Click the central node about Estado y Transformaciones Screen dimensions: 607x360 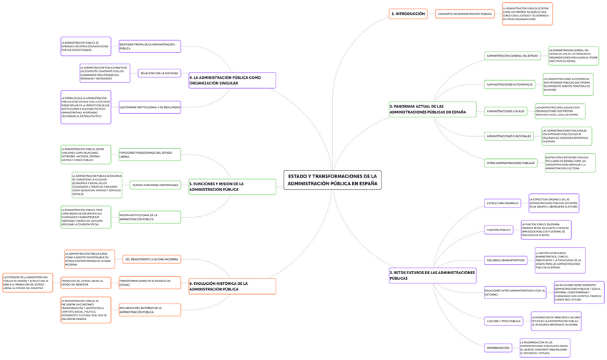[332, 180]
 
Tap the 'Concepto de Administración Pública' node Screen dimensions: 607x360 [465, 14]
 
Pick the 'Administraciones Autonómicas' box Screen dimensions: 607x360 [510, 84]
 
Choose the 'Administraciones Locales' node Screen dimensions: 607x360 [505, 111]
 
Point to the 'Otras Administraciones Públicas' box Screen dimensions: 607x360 [511, 163]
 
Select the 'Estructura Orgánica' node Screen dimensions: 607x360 [502, 203]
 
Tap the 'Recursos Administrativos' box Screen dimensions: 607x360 [505, 260]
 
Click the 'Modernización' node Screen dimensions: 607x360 [497, 348]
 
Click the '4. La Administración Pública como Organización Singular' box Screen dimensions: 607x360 [231, 79]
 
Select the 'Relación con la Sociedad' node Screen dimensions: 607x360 [159, 73]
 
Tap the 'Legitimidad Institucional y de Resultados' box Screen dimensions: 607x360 [150, 107]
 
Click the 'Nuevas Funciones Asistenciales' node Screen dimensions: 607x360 [155, 185]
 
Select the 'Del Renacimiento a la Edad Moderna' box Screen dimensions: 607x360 [151, 258]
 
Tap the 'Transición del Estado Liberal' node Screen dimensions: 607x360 [82, 283]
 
